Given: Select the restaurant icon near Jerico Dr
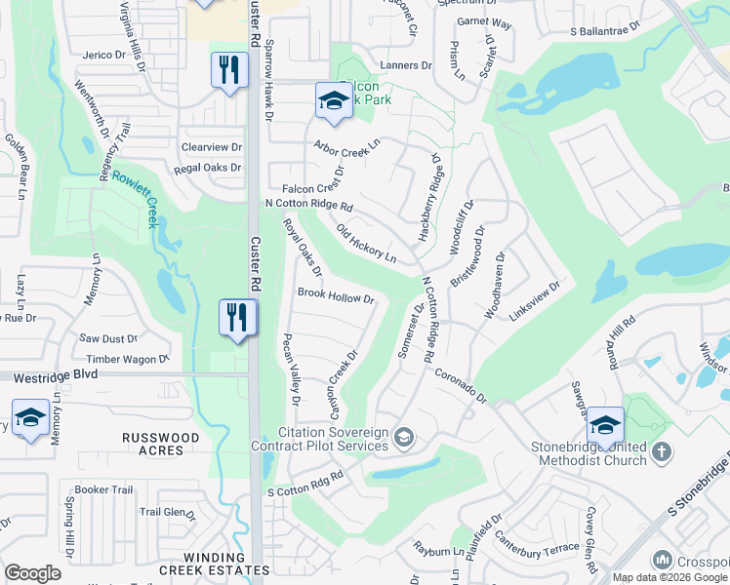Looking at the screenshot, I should (x=228, y=70).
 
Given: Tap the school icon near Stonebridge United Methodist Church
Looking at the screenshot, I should (x=605, y=425).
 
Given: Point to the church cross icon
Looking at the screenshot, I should (x=662, y=451).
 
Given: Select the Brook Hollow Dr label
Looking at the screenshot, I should (x=336, y=294).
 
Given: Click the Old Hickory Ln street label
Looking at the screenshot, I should (x=366, y=245).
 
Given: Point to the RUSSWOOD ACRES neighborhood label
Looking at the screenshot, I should (x=161, y=444).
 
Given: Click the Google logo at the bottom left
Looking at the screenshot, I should (x=32, y=573).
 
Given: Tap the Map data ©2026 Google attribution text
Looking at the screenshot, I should (x=669, y=577).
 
